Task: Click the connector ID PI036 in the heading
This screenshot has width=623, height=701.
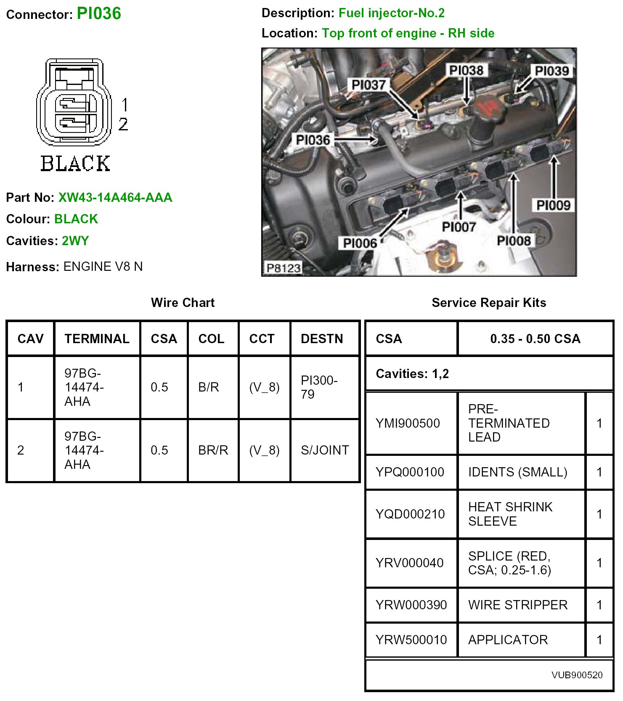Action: tap(99, 13)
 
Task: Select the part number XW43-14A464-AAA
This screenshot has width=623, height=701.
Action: tap(115, 198)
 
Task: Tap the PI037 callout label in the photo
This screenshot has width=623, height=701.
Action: tap(368, 85)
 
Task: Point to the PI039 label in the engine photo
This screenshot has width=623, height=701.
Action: tap(551, 71)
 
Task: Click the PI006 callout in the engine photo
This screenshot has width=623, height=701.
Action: tap(360, 243)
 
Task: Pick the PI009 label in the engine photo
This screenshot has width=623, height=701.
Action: tap(553, 205)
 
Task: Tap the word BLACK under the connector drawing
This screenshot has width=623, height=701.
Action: tap(75, 164)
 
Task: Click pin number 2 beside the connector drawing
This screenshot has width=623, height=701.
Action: tap(123, 124)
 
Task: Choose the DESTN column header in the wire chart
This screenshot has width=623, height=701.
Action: tap(322, 339)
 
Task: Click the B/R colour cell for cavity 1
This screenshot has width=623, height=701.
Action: tap(209, 387)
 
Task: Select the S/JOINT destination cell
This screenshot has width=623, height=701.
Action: tap(325, 450)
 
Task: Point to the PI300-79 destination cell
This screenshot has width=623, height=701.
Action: tap(319, 387)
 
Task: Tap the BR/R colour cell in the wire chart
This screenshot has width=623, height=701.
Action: tap(213, 450)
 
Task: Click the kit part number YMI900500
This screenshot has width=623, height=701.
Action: tap(408, 423)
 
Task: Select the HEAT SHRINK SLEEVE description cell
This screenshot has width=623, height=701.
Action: tap(510, 514)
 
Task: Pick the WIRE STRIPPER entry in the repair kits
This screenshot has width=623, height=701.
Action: tap(518, 605)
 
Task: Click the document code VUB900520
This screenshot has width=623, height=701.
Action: tap(577, 675)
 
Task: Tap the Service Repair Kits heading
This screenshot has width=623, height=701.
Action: tap(489, 303)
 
